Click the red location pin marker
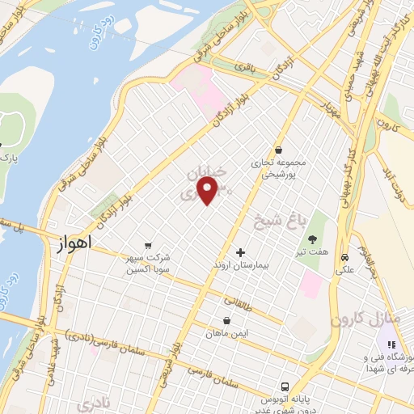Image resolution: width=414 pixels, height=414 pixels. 208,191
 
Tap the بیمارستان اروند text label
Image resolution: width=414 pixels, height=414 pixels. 239,265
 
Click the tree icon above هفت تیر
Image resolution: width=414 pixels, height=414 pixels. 312,239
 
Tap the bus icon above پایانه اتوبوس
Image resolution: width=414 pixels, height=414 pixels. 284,387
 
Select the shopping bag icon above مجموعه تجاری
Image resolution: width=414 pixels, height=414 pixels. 279,149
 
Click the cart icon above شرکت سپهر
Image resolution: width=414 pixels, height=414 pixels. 147,245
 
